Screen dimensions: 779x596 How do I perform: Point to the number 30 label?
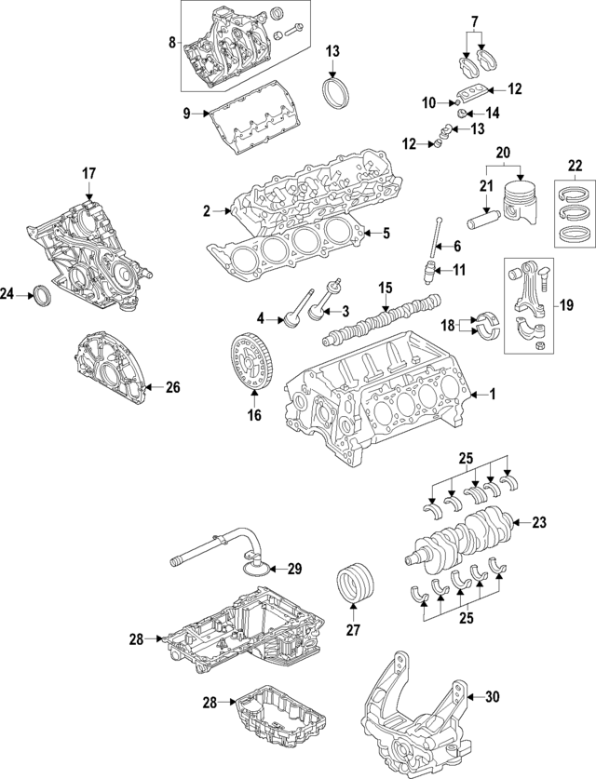(493, 696)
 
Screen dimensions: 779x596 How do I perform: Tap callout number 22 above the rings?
(576, 167)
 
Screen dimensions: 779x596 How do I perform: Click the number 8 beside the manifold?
(171, 42)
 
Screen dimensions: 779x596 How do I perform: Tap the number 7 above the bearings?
(474, 20)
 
